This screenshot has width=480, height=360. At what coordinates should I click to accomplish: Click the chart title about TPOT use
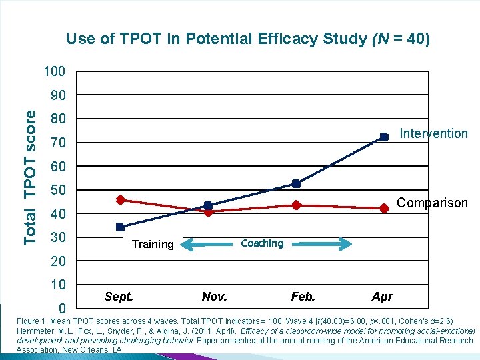tap(248, 39)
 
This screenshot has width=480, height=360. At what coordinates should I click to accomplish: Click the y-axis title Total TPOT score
tap(31, 177)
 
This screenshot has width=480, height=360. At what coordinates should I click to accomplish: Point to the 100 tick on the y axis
tap(55, 71)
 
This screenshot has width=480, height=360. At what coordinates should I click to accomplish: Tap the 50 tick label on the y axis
tap(59, 191)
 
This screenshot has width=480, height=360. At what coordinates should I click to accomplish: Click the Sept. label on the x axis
tap(119, 296)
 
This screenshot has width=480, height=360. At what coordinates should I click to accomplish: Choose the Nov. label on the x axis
tap(214, 296)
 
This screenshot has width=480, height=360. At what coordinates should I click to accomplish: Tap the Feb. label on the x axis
tap(303, 296)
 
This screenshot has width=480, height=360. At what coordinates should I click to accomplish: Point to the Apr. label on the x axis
tap(383, 296)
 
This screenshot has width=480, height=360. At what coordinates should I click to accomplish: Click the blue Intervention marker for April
tap(384, 137)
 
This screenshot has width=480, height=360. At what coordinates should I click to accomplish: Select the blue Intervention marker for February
tap(296, 183)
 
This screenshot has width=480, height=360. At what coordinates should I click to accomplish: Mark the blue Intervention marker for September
tap(120, 227)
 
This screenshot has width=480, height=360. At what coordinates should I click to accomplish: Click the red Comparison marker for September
tap(120, 199)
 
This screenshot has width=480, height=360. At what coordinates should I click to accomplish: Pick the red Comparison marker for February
tap(296, 205)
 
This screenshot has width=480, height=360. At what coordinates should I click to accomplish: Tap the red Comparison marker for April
tap(384, 208)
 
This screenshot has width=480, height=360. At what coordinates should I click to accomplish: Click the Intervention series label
tap(433, 133)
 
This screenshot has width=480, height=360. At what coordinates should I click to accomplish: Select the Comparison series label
tap(432, 203)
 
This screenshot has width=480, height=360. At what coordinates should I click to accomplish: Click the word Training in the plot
tap(153, 244)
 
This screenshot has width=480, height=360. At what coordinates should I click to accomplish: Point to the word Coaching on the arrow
tap(262, 243)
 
